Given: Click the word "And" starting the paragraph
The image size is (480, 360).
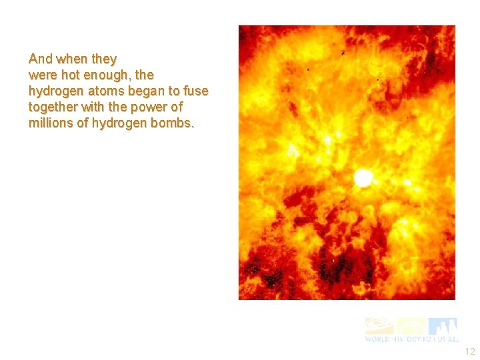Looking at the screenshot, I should click(40, 59).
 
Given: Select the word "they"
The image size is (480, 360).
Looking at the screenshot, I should click(103, 59).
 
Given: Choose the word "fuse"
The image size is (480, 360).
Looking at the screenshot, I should click(195, 91).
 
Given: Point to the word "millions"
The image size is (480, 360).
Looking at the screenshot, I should click(51, 123).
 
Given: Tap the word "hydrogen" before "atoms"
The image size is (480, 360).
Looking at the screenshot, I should click(55, 91).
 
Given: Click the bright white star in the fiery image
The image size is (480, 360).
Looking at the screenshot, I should click(363, 177).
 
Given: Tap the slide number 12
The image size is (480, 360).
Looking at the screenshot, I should click(469, 352).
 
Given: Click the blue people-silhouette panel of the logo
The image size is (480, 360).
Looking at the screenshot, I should click(443, 326).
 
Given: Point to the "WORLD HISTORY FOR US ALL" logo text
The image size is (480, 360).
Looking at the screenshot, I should click(411, 339).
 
